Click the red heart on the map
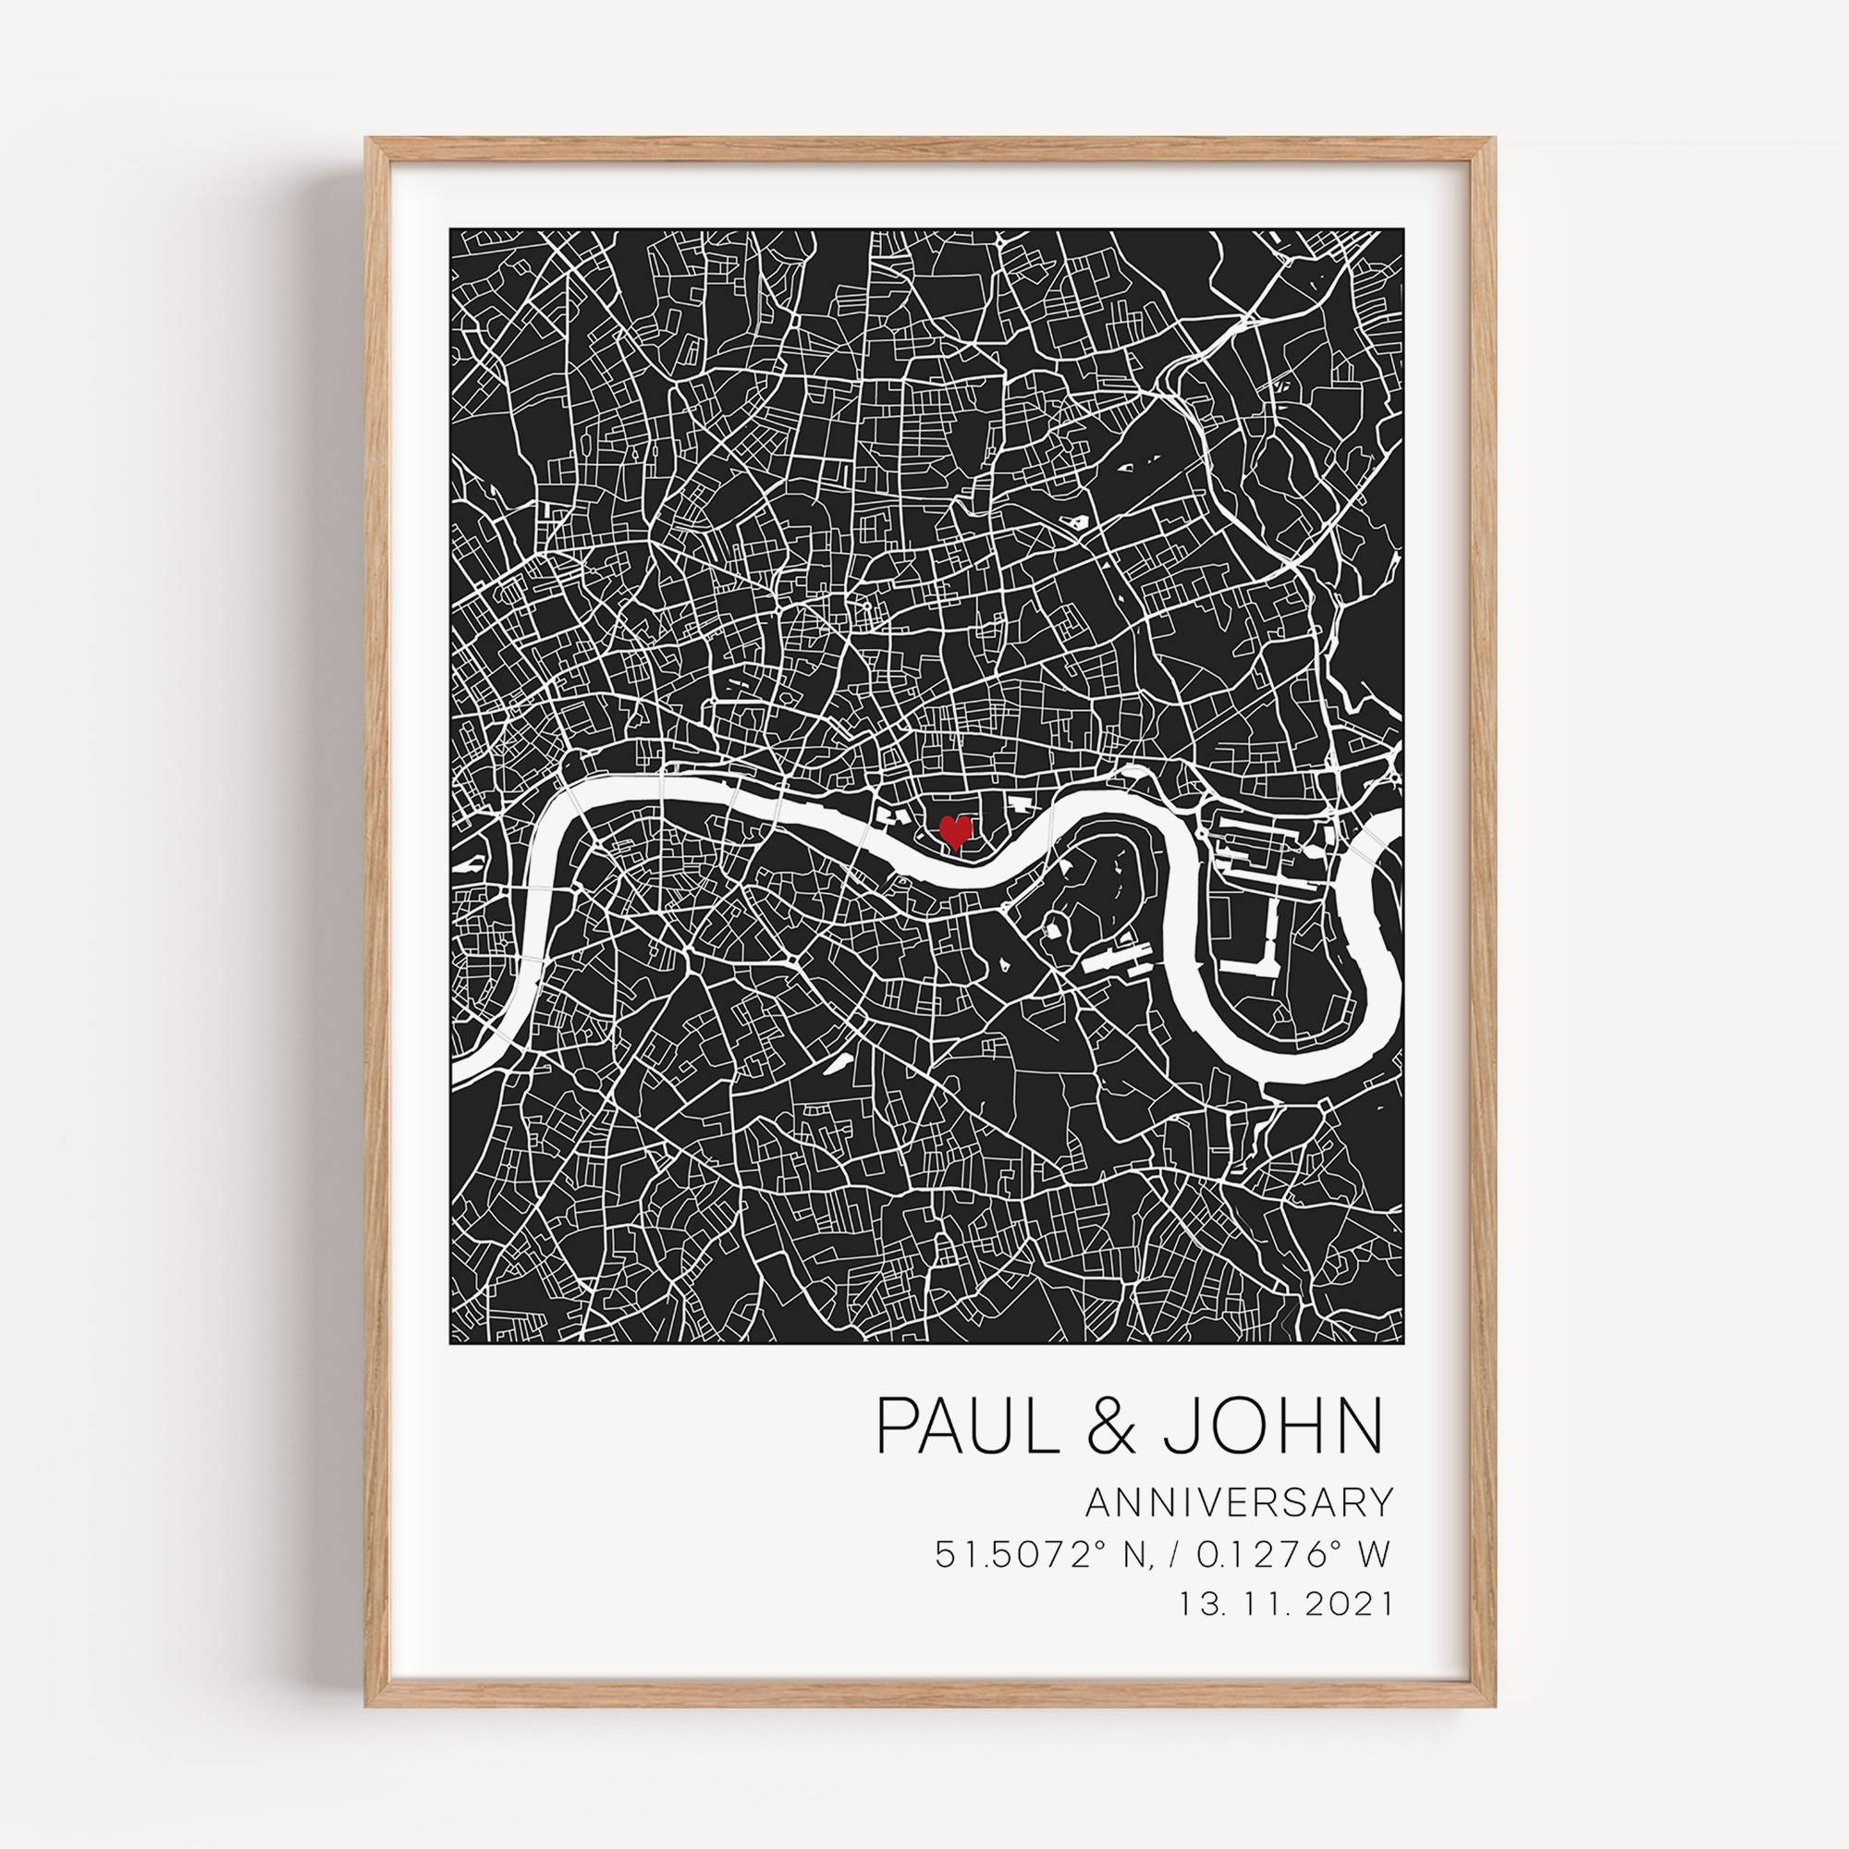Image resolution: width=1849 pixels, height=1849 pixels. pyautogui.click(x=955, y=831)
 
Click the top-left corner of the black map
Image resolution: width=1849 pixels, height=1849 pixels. pyautogui.click(x=452, y=230)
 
